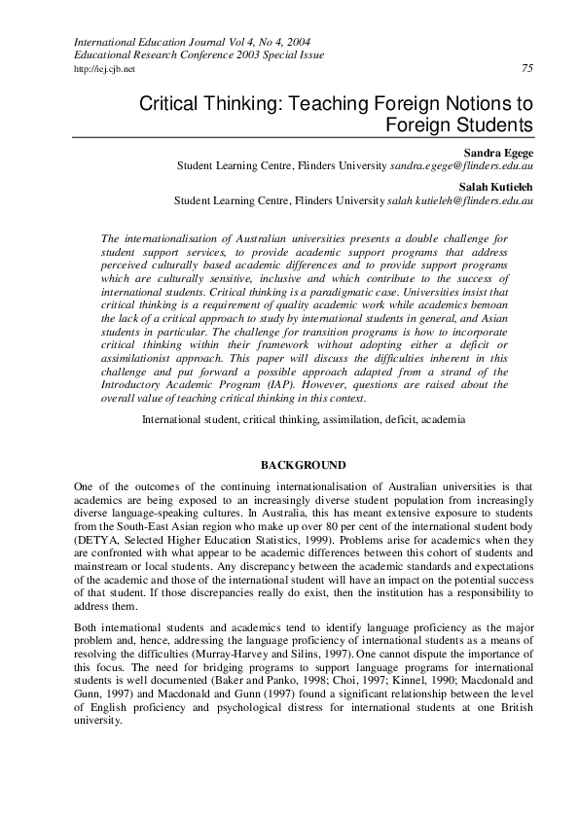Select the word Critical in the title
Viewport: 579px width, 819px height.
point(174,103)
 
